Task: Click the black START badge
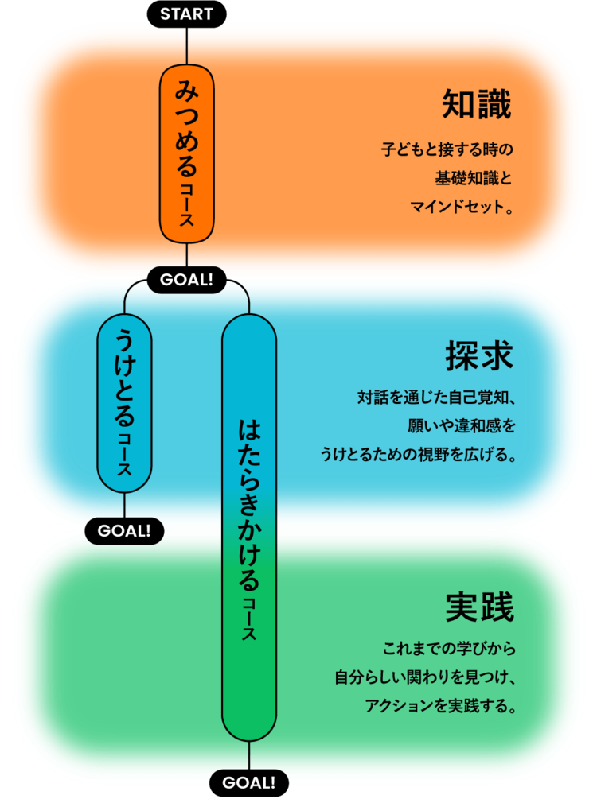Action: pos(186,14)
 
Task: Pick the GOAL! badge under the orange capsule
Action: pos(186,280)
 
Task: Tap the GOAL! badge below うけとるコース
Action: pos(124,530)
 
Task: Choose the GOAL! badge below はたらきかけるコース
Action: pos(249,782)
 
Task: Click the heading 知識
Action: pos(477,105)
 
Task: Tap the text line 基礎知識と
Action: pos(473,178)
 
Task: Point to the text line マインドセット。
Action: pos(462,208)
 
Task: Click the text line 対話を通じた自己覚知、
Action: pos(437,398)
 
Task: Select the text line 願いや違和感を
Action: pos(462,427)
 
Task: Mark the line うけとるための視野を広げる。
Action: pos(419,456)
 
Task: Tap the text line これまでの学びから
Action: pos(450,649)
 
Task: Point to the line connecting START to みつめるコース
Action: pos(186,45)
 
